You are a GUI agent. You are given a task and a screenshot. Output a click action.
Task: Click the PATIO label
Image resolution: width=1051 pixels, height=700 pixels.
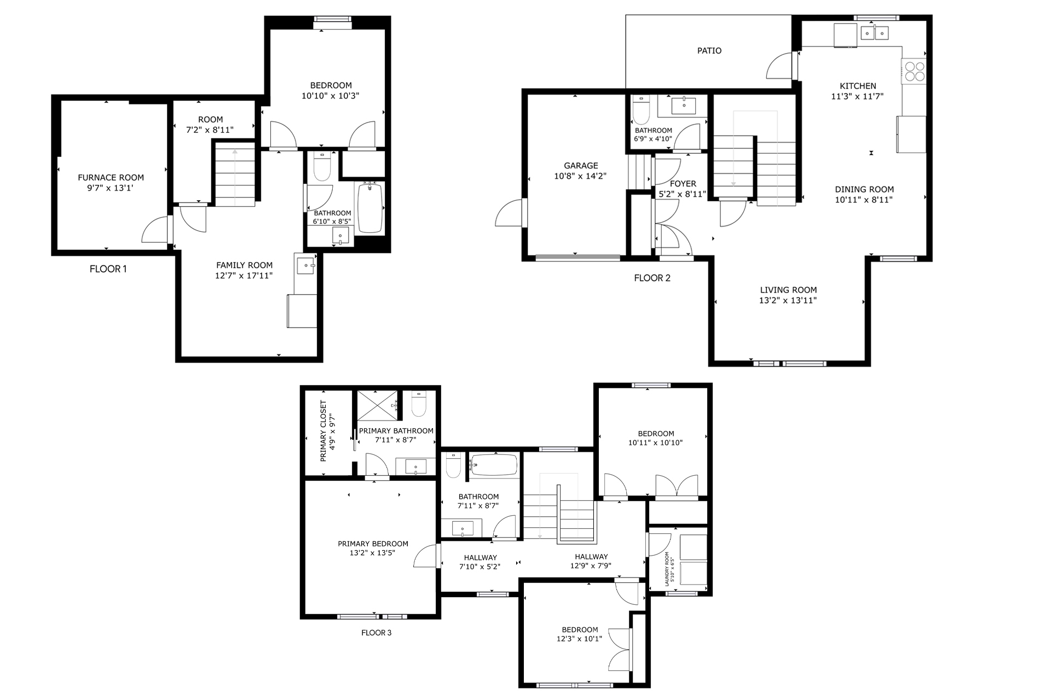709,51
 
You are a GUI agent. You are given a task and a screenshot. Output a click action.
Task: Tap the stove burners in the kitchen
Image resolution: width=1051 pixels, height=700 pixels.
914,72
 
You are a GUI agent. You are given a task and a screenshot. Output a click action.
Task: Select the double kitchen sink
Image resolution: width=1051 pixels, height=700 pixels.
874,33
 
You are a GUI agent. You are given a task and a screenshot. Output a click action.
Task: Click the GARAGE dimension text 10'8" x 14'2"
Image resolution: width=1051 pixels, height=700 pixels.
580,176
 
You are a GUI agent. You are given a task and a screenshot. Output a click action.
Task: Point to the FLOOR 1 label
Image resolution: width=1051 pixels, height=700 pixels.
108,269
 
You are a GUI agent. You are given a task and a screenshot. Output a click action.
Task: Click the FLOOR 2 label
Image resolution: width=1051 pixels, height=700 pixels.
652,278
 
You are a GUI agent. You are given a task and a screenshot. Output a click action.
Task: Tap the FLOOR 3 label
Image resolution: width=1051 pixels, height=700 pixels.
376,633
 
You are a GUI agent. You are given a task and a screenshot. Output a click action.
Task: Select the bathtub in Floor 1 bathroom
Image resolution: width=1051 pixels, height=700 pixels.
371,208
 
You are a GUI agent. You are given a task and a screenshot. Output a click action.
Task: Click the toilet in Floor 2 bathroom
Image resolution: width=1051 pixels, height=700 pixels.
640,111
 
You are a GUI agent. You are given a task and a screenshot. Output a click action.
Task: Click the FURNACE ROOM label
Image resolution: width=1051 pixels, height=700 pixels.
111,178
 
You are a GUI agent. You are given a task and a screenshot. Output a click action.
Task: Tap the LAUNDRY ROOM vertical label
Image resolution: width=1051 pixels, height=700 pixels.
667,569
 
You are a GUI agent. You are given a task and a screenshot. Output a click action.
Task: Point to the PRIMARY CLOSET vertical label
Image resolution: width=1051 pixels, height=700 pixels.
324,431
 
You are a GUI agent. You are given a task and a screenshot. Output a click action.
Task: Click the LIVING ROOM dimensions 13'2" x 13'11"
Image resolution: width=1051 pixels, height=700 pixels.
788,300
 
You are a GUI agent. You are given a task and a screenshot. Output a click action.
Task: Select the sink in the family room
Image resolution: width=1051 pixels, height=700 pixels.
305,266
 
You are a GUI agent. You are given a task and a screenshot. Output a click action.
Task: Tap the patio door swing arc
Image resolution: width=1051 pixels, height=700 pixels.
780,67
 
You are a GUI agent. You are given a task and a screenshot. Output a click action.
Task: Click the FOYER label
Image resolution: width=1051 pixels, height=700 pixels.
683,184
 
